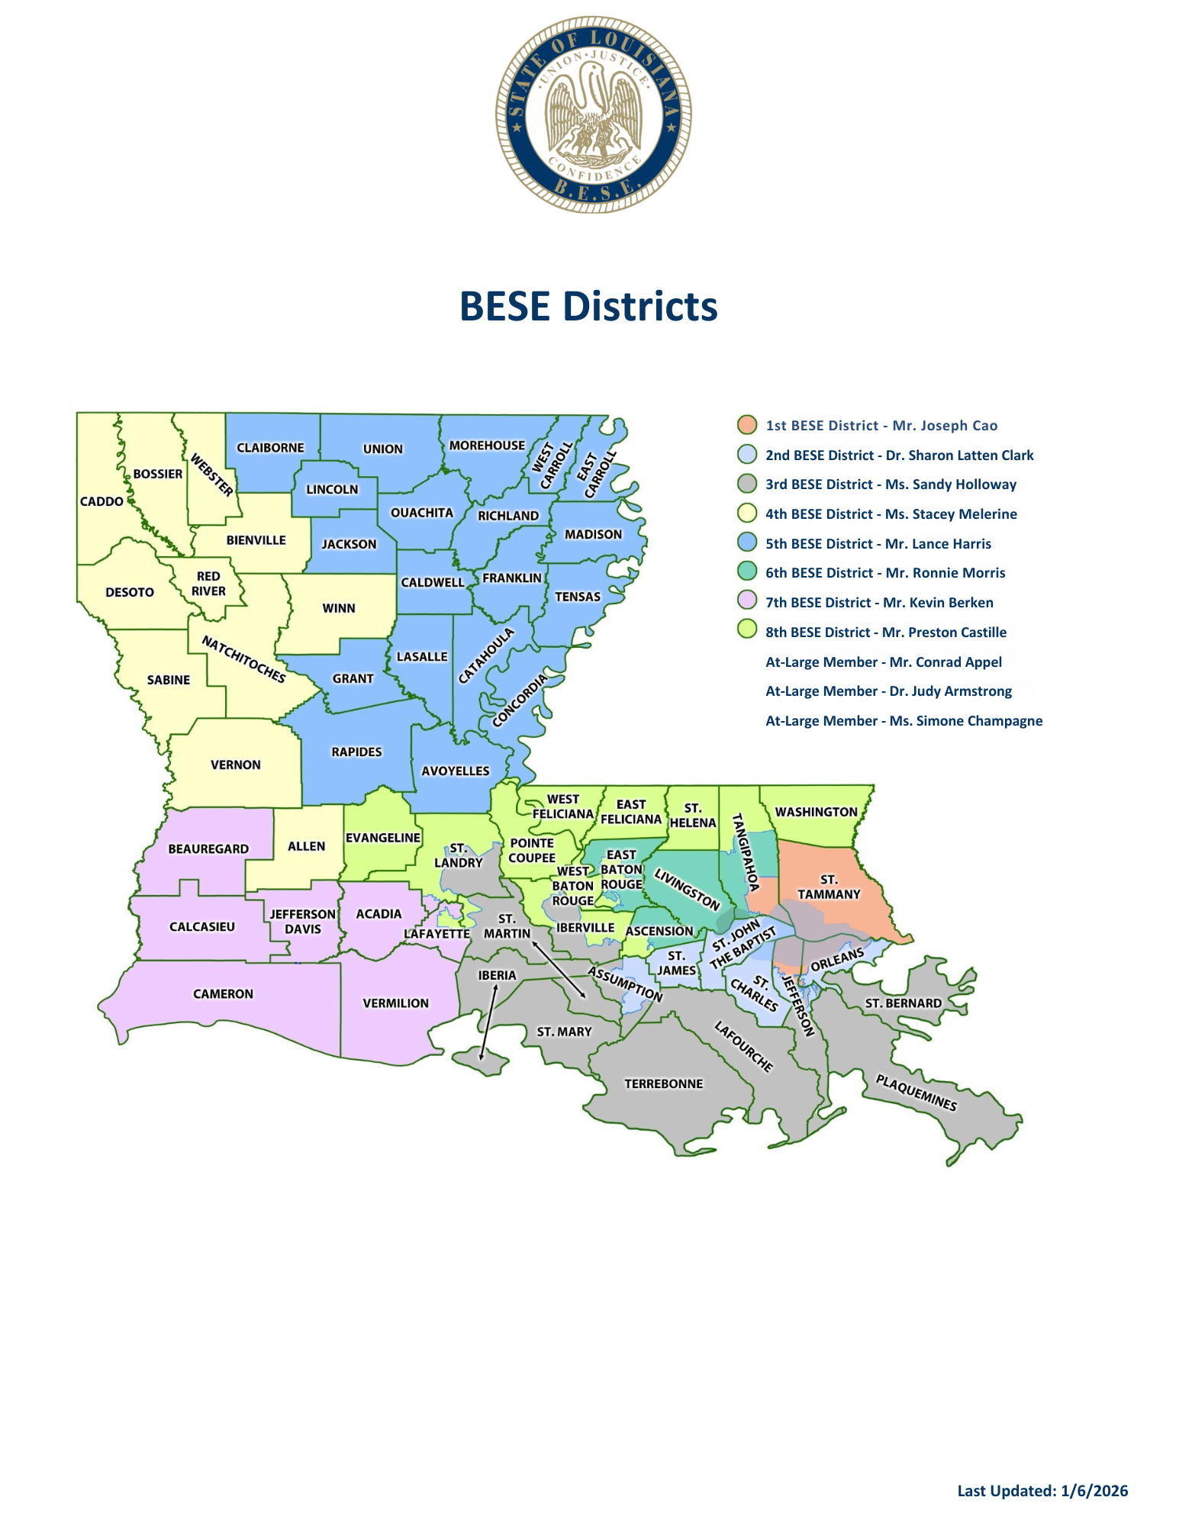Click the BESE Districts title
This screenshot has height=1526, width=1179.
pos(588,306)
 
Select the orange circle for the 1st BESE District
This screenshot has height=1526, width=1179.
pos(747,425)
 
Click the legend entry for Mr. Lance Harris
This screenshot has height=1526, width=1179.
pos(878,543)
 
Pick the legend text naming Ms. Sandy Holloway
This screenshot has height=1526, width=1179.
pos(891,484)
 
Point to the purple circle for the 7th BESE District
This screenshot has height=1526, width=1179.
pos(747,602)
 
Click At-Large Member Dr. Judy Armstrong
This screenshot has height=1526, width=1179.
pos(888,691)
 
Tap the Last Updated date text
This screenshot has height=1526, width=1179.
pos(1042,1490)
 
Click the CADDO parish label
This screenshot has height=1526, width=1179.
pos(101,501)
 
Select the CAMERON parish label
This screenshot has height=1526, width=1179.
pos(223,993)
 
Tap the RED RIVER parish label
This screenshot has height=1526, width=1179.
pos(208,584)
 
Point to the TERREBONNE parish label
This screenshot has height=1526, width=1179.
pos(663,1083)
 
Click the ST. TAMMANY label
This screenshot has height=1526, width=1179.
pos(829,887)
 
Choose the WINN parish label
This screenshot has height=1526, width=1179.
pos(339,608)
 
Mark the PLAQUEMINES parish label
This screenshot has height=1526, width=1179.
pos(916,1093)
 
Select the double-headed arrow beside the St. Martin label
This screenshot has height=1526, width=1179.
pos(559,970)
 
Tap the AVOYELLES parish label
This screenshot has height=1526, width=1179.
pos(456,771)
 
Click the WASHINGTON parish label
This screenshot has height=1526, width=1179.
pos(817,812)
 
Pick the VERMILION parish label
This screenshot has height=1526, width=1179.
pos(395,1003)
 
